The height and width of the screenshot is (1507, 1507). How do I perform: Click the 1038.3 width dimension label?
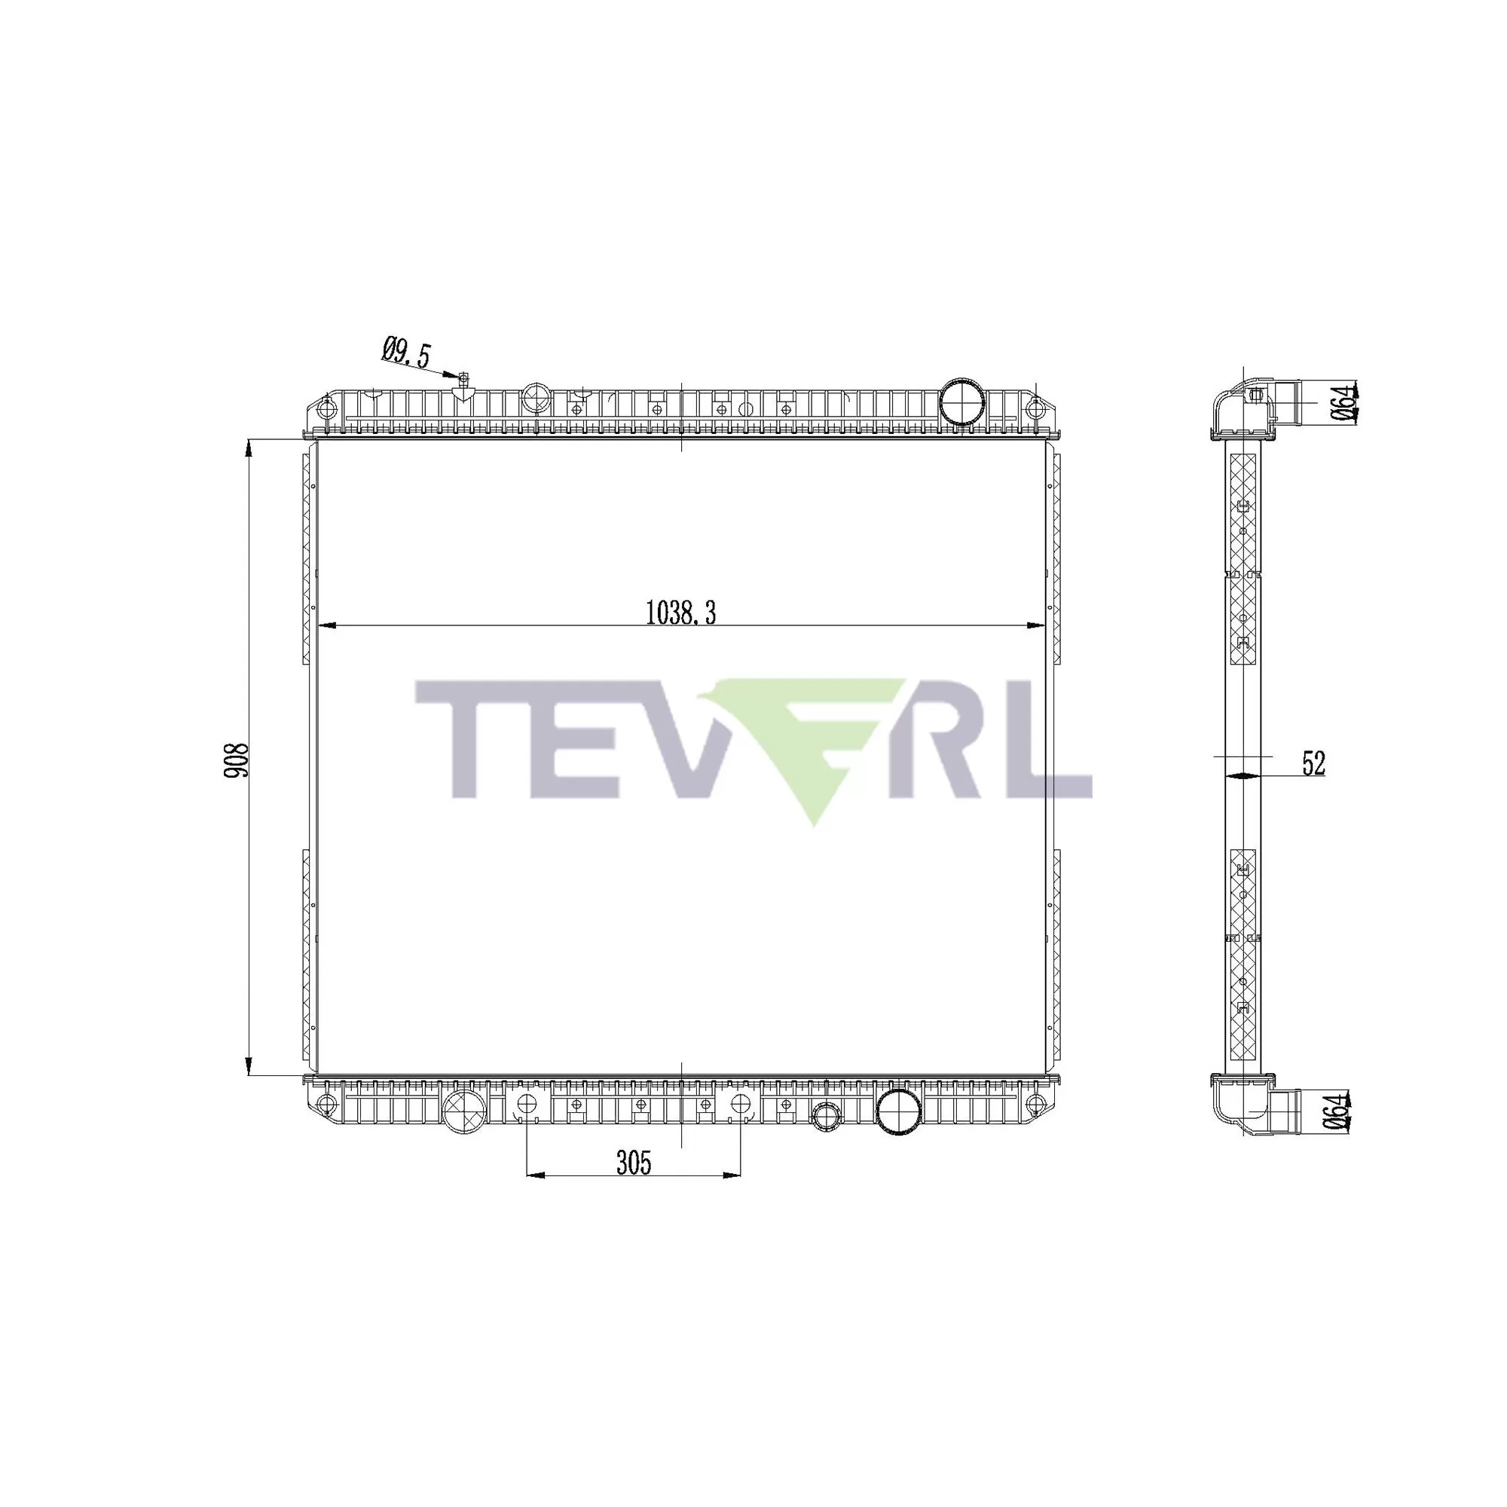[x=680, y=613]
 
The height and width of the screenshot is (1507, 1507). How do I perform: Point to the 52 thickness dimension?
[x=1313, y=763]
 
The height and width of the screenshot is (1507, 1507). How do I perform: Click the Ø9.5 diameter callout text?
[x=405, y=353]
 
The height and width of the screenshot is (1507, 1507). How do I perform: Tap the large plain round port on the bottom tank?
[x=897, y=1111]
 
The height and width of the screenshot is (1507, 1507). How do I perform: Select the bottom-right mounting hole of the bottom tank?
[x=1035, y=1104]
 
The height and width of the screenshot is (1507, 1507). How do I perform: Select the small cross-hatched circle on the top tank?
[x=535, y=398]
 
